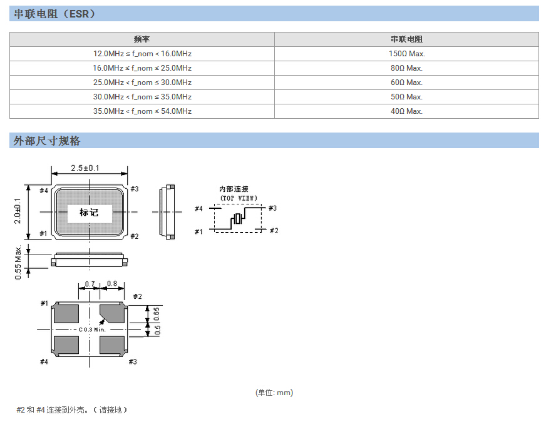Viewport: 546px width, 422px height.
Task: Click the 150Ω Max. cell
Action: pos(406,54)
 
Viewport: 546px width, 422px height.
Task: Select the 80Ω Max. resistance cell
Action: pos(406,68)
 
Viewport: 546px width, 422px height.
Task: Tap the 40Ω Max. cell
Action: pos(406,111)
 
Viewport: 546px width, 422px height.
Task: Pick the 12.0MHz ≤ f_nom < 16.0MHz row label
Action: pos(142,54)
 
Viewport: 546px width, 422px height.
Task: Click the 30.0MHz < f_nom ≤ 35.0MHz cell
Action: pos(142,97)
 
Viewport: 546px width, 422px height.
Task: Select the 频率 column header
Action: pos(142,39)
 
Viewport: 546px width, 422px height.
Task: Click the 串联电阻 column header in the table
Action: pos(406,39)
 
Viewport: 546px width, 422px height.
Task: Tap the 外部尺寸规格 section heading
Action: pos(48,141)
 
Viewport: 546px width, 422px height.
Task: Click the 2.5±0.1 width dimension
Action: pos(89,168)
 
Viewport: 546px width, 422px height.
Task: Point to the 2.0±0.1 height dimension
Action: pos(18,211)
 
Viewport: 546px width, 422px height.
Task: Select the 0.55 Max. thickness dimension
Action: pos(18,263)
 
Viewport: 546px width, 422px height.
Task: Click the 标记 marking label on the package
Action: pos(89,212)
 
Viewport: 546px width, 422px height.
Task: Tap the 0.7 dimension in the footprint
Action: pos(90,284)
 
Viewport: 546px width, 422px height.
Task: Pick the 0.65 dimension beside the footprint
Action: pos(157,314)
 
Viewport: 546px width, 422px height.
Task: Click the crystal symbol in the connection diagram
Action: pos(238,219)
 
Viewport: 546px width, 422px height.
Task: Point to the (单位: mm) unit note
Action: pos(274,393)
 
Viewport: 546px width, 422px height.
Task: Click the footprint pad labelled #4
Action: pos(66,344)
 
